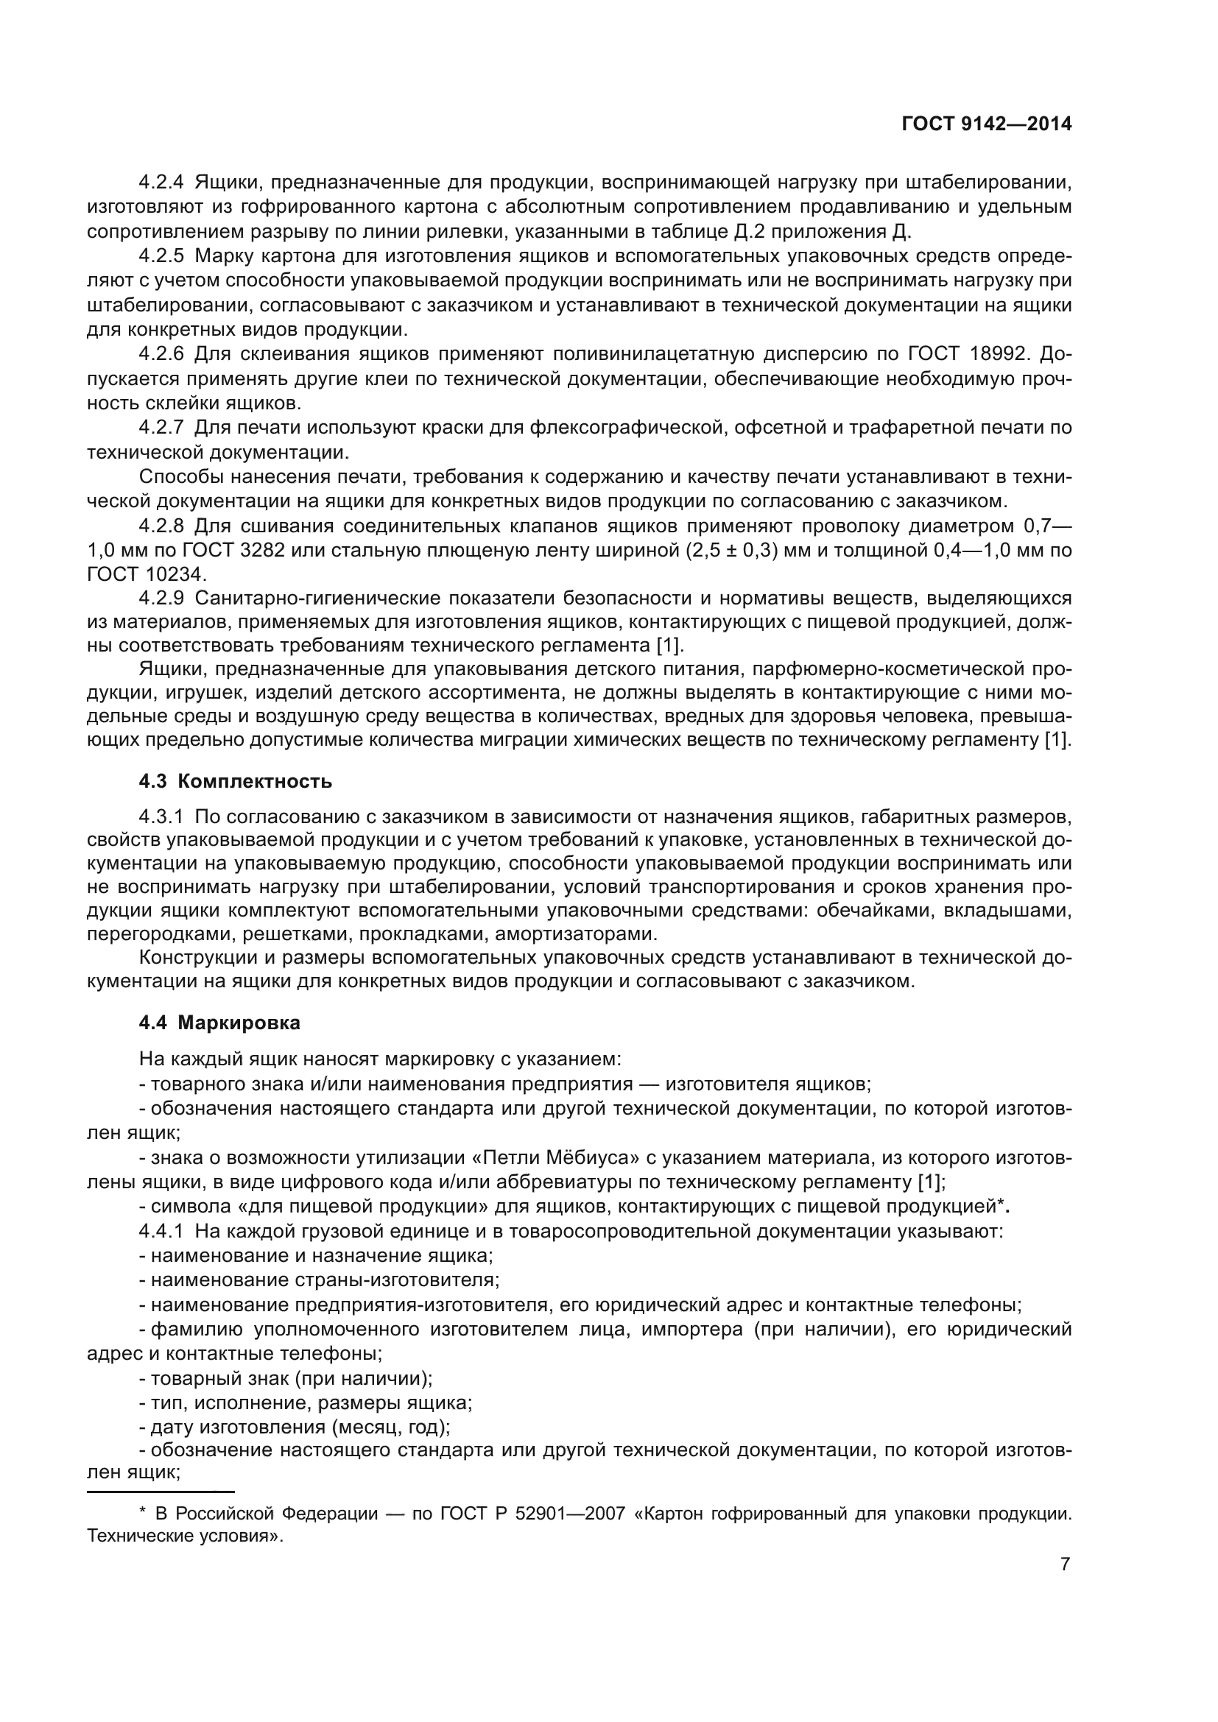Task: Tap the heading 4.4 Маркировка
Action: coord(219,1023)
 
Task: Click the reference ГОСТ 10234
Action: coord(145,574)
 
